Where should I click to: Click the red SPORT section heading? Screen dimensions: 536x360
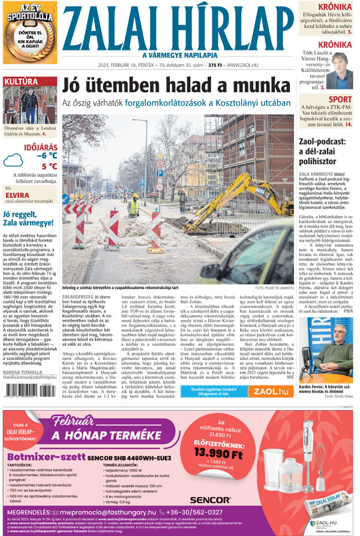point(340,100)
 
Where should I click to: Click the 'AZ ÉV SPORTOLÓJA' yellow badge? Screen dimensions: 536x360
point(29,30)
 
